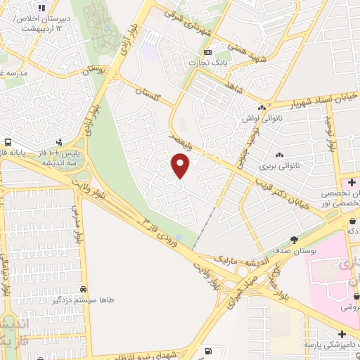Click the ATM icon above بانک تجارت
click(207, 52)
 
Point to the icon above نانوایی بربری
click(279, 155)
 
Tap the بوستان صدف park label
click(295, 249)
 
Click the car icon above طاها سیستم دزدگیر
click(84, 289)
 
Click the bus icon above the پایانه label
click(9, 140)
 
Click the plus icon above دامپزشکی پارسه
click(342, 334)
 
